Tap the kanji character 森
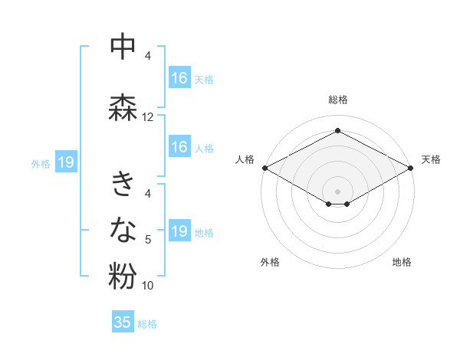tap(123, 106)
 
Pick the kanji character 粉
tap(123, 276)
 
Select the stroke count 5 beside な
tap(148, 240)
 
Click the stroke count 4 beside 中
tap(148, 56)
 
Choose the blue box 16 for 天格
tap(179, 78)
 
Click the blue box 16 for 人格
tap(179, 147)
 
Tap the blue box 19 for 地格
tap(179, 232)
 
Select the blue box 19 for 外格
tap(65, 162)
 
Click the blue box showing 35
tap(123, 322)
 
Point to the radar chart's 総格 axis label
tap(337, 100)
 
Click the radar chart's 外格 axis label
tap(270, 262)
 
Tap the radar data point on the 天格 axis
tap(411, 168)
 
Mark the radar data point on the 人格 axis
tap(264, 168)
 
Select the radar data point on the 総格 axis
tap(337, 131)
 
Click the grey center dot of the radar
tap(337, 189)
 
